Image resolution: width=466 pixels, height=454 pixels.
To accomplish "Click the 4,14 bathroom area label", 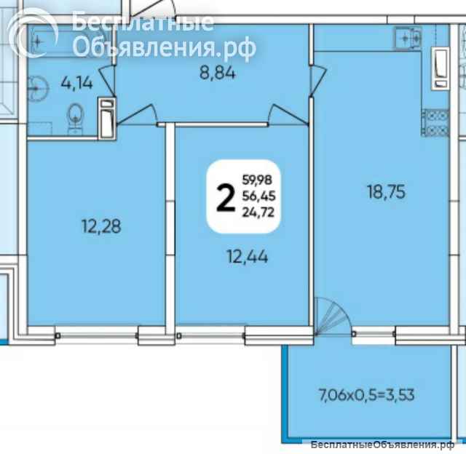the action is pyautogui.click(x=77, y=83).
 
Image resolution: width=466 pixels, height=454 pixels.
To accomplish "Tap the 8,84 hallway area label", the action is pyautogui.click(x=218, y=73).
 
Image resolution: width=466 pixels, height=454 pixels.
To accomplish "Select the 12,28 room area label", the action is pyautogui.click(x=101, y=226).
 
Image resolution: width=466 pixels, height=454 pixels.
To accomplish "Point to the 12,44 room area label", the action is pyautogui.click(x=248, y=257).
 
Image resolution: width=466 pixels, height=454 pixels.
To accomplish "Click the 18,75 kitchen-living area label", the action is pyautogui.click(x=386, y=191).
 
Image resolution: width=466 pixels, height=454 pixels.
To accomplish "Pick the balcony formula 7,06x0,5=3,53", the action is pyautogui.click(x=366, y=395).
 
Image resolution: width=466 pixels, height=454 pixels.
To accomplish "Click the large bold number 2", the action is pyautogui.click(x=226, y=197).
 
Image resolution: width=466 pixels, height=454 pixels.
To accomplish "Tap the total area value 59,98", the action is pyautogui.click(x=257, y=180).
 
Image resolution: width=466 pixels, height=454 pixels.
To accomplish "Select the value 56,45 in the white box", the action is pyautogui.click(x=259, y=196).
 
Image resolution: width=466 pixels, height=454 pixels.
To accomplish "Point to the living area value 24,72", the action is pyautogui.click(x=258, y=212).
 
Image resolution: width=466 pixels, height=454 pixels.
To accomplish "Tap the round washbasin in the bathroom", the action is pyautogui.click(x=37, y=89).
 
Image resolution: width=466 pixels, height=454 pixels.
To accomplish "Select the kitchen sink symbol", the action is pyautogui.click(x=408, y=38).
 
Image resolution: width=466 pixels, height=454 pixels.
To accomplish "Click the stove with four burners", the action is pyautogui.click(x=435, y=123).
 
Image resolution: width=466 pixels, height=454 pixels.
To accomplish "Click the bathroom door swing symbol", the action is pyautogui.click(x=106, y=81).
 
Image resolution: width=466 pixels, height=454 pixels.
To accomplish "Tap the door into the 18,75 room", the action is pyautogui.click(x=317, y=81).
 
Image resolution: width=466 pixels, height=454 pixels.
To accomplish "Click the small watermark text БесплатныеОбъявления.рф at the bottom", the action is pyautogui.click(x=382, y=445).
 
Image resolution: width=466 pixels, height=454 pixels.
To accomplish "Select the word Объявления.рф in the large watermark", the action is pyautogui.click(x=164, y=47).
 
